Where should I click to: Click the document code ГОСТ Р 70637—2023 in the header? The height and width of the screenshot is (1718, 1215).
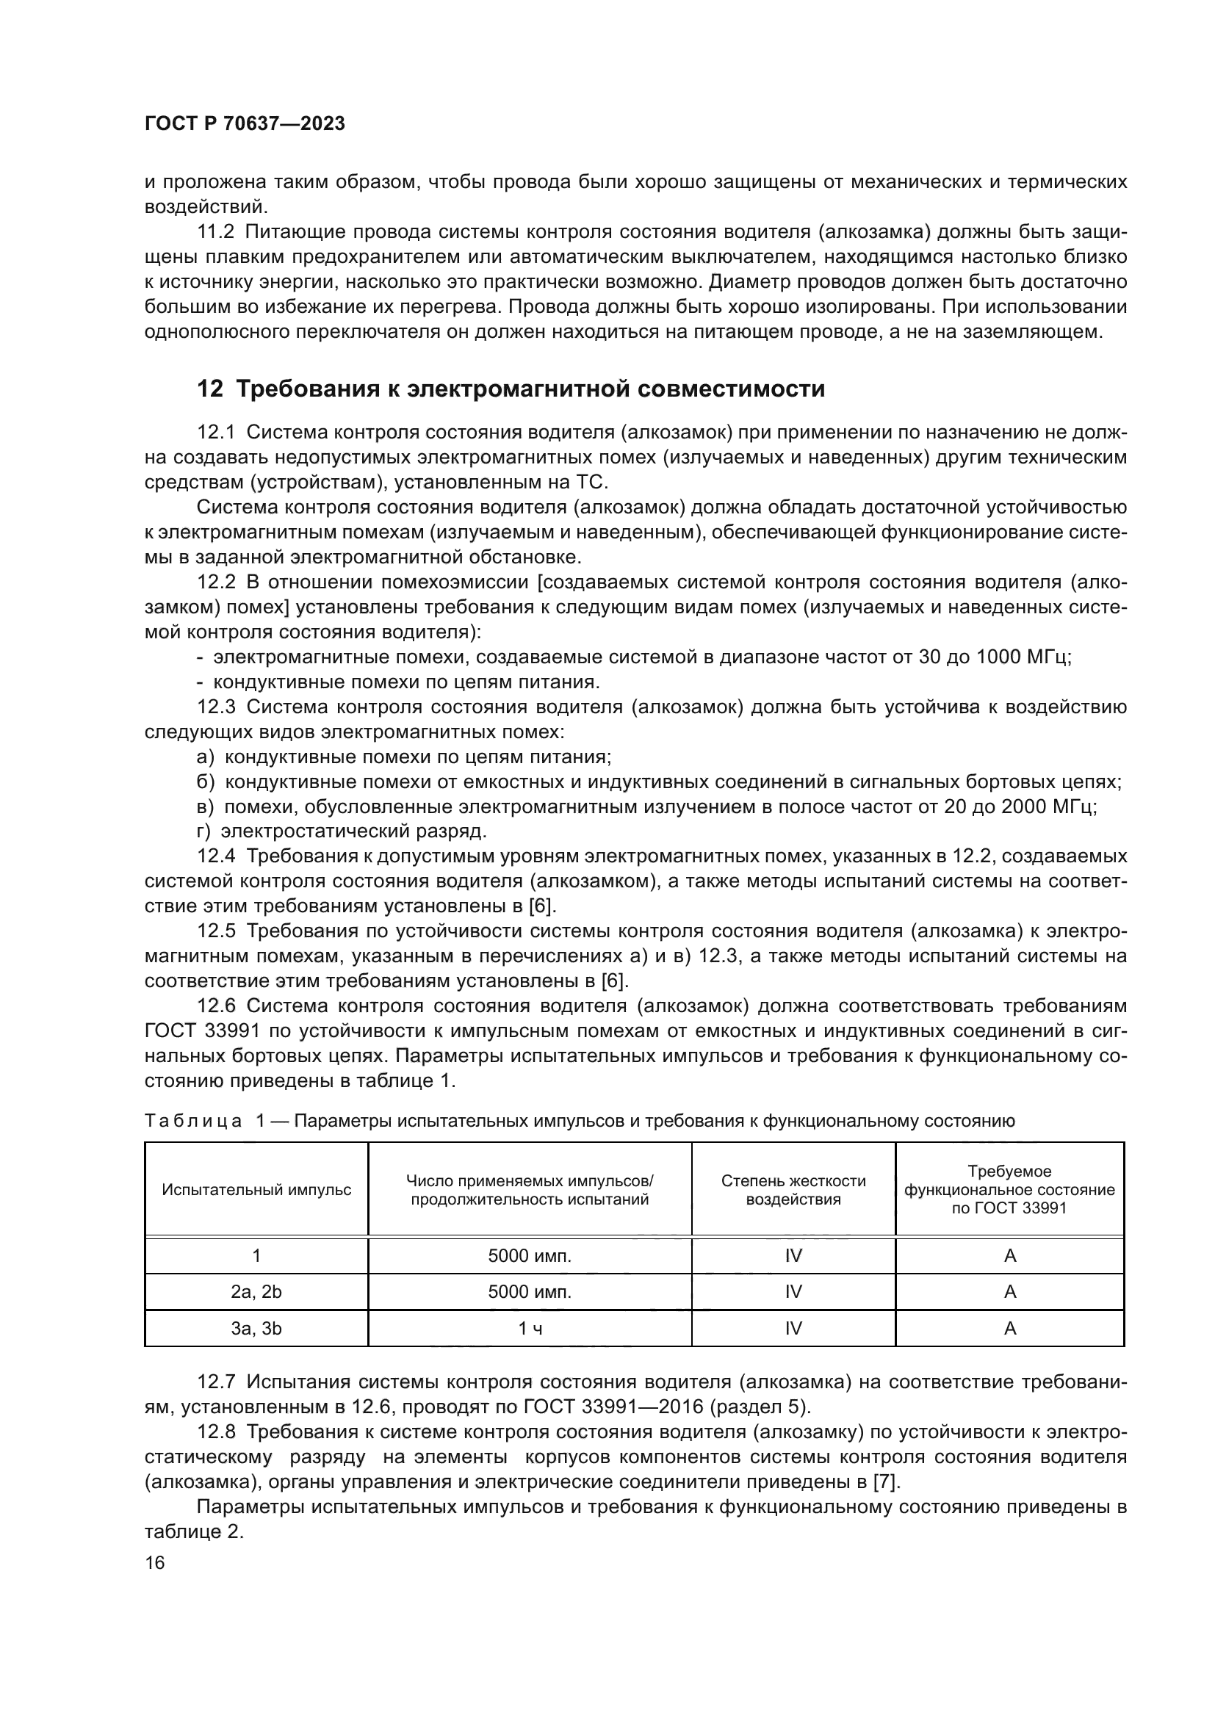(245, 124)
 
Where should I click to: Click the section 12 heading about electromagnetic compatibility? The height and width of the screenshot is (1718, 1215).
(511, 389)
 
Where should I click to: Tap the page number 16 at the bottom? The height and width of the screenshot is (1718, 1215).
(155, 1562)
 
